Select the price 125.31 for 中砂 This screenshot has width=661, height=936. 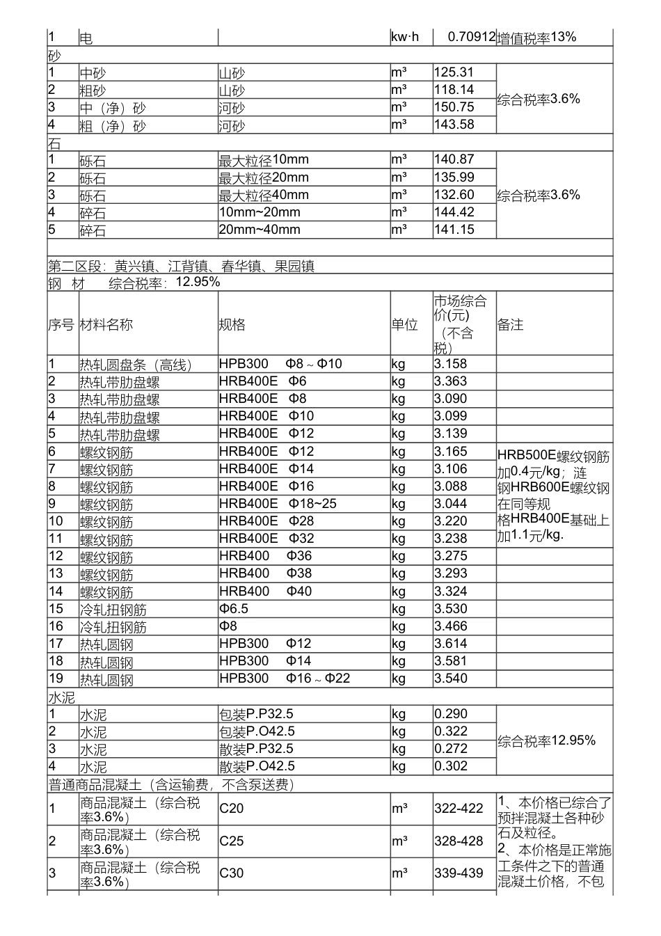[x=454, y=72]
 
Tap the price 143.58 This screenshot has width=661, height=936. [x=454, y=125]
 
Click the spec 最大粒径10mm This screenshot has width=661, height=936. [x=264, y=160]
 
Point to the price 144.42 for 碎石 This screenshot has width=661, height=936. [x=454, y=212]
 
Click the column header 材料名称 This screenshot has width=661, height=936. [x=106, y=324]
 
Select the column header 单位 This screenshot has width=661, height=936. [x=404, y=324]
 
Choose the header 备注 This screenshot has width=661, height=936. [x=511, y=324]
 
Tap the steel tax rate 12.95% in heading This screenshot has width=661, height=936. [x=198, y=282]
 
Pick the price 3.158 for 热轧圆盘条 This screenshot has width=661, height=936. [x=451, y=364]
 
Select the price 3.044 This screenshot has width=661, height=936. [x=451, y=504]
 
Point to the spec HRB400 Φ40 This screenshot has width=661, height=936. [x=265, y=592]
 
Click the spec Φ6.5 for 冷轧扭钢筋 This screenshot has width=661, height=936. [x=234, y=609]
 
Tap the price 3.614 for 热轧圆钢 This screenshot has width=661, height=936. [x=451, y=644]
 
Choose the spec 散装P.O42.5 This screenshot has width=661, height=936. [x=257, y=766]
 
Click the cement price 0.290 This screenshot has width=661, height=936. [x=451, y=714]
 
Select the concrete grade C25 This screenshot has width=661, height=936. [x=232, y=841]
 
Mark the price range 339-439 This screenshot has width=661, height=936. [x=459, y=873]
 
